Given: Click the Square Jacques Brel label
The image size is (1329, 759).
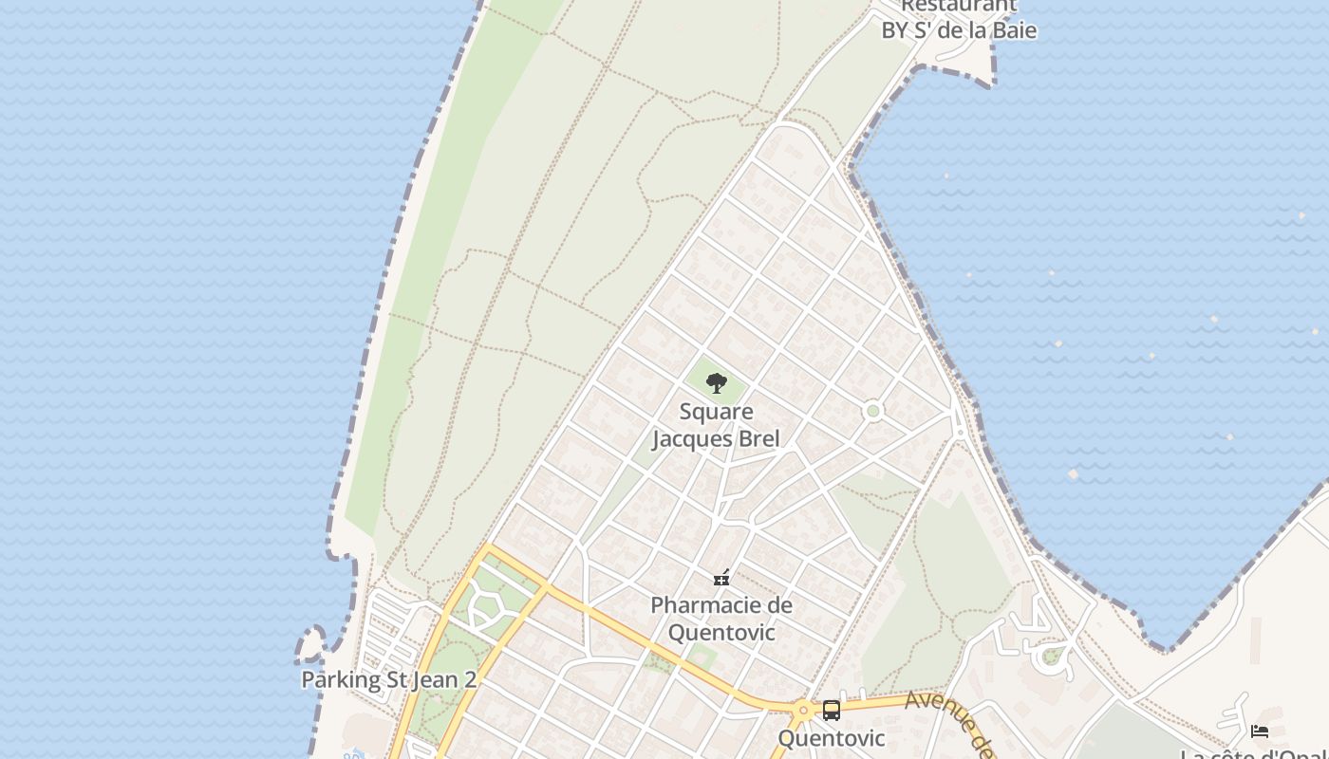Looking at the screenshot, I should (716, 425).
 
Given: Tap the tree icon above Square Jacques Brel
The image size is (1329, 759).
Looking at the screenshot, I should (716, 383).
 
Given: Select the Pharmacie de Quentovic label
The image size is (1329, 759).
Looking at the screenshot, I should (721, 619).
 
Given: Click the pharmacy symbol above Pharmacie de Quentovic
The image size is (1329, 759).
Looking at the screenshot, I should (721, 577).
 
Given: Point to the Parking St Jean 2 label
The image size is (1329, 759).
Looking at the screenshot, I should (388, 679).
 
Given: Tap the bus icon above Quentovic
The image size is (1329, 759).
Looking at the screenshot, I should (832, 710).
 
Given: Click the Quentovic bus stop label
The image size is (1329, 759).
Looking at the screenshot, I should (832, 738).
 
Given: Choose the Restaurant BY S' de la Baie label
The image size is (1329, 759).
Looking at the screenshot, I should (959, 19).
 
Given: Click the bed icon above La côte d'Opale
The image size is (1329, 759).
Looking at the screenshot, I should (1260, 731).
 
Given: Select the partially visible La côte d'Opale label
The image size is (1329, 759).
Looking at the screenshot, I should (1253, 754).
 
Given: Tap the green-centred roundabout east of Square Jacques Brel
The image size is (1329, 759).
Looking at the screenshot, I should (873, 411).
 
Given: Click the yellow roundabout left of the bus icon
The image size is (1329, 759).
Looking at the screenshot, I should (803, 709).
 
